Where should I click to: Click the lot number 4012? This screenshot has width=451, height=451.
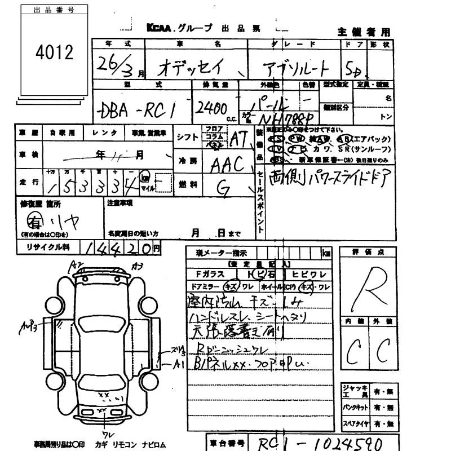(54, 53)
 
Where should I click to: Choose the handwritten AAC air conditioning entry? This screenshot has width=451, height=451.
(227, 165)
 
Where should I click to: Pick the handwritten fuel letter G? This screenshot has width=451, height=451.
(223, 191)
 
